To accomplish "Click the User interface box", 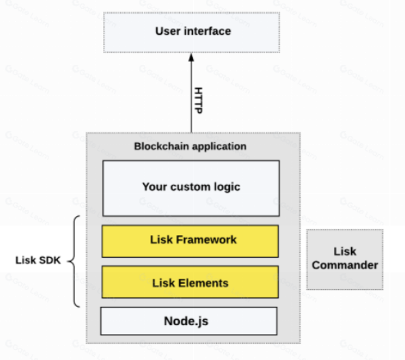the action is [192, 32].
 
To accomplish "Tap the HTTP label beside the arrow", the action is [198, 100].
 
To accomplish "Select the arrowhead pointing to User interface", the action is [191, 57].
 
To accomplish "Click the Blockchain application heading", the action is [190, 147].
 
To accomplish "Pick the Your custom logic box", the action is [191, 188].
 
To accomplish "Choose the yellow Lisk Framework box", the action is [190, 241].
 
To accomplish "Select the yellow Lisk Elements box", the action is [190, 282].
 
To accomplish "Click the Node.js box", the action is [189, 321].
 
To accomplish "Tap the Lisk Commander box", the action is [345, 259].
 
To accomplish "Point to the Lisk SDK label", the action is [38, 260].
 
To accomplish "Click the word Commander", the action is [345, 265].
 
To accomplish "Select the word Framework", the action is [207, 239].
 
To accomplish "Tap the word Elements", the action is [203, 283].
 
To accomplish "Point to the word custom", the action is [191, 187].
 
